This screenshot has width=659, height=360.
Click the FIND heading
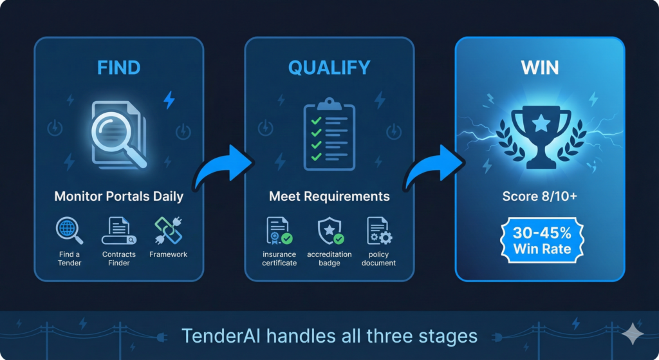(x=119, y=68)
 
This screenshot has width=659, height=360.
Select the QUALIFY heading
(x=329, y=68)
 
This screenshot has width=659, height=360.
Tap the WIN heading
(x=540, y=68)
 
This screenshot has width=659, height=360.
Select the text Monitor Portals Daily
(x=119, y=196)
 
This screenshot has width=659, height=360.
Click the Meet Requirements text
(x=329, y=196)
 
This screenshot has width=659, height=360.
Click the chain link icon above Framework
(x=169, y=231)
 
